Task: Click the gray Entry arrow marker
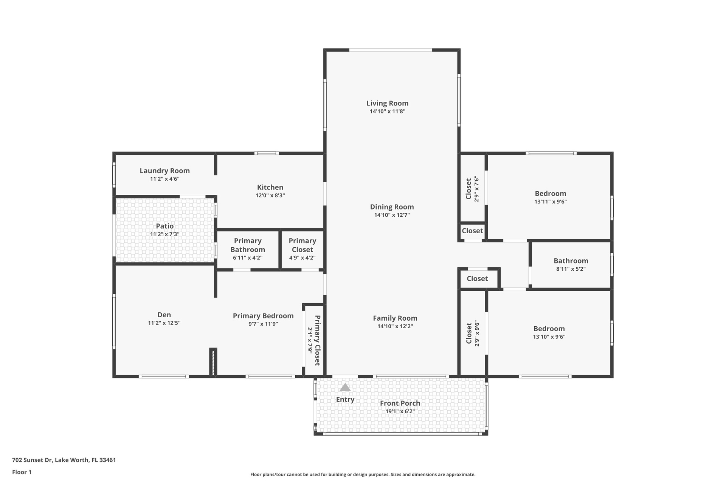pyautogui.click(x=345, y=387)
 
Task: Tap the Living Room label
pyautogui.click(x=387, y=103)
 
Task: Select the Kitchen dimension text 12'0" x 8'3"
pyautogui.click(x=270, y=195)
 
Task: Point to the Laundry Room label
pyautogui.click(x=164, y=171)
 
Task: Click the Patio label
pyautogui.click(x=164, y=226)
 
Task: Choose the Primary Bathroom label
pyautogui.click(x=248, y=245)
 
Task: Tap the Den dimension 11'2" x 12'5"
pyautogui.click(x=164, y=323)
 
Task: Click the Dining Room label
pyautogui.click(x=392, y=207)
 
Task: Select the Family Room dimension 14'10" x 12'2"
pyautogui.click(x=395, y=326)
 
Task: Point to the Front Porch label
pyautogui.click(x=400, y=403)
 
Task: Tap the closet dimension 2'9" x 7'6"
pyautogui.click(x=476, y=189)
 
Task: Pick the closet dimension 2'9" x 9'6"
pyautogui.click(x=477, y=334)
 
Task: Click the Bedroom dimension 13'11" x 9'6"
pyautogui.click(x=551, y=202)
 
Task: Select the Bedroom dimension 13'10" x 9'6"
pyautogui.click(x=549, y=337)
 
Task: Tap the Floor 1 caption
pyautogui.click(x=22, y=472)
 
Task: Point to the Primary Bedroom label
pyautogui.click(x=263, y=316)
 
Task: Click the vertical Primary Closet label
pyautogui.click(x=318, y=340)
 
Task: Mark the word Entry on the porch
pyautogui.click(x=345, y=400)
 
